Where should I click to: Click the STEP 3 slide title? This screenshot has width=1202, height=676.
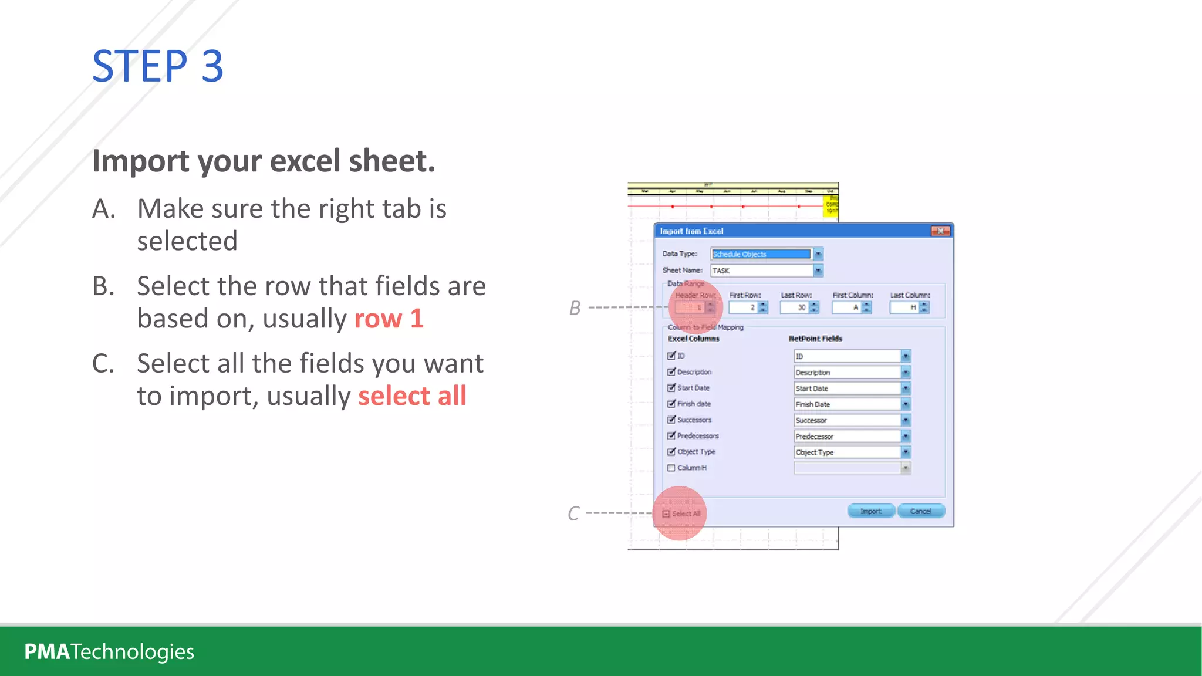pyautogui.click(x=157, y=66)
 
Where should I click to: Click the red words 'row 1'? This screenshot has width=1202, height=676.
pyautogui.click(x=389, y=319)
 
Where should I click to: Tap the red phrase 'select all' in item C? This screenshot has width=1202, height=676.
pyautogui.click(x=412, y=396)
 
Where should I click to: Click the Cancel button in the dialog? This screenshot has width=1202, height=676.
pyautogui.click(x=920, y=511)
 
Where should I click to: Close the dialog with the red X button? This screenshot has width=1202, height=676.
pyautogui.click(x=940, y=231)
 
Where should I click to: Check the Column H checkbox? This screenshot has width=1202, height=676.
pyautogui.click(x=671, y=468)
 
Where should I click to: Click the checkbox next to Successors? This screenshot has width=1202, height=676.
pyautogui.click(x=671, y=420)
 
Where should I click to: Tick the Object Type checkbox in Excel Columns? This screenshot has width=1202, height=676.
pyautogui.click(x=671, y=452)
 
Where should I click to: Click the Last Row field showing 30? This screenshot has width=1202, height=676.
pyautogui.click(x=795, y=307)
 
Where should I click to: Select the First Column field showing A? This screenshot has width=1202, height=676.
pyautogui.click(x=847, y=307)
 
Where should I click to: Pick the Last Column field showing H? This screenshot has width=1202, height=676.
pyautogui.click(x=904, y=307)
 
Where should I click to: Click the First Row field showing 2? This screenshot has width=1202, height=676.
pyautogui.click(x=743, y=307)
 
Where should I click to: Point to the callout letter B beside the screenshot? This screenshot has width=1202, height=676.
pyautogui.click(x=575, y=308)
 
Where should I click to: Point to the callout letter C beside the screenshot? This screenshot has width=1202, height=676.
pyautogui.click(x=573, y=513)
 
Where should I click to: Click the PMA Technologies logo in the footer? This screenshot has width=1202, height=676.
pyautogui.click(x=109, y=651)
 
